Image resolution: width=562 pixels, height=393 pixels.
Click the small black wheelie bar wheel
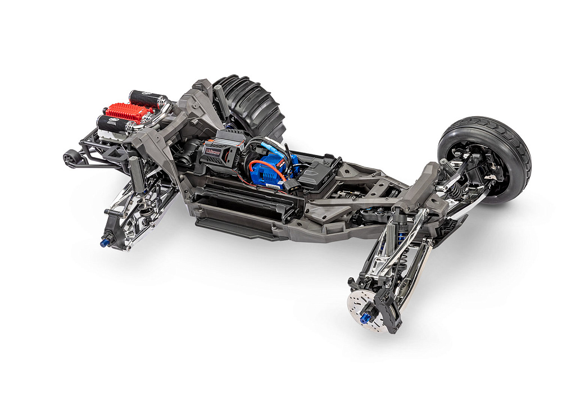click(x=70, y=158)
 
